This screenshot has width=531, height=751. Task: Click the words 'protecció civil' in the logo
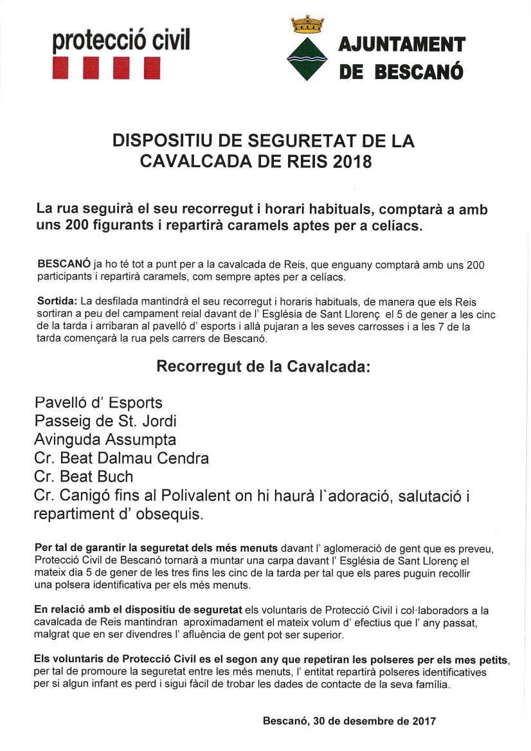(x=122, y=40)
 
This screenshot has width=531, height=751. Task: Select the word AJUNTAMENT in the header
(x=401, y=44)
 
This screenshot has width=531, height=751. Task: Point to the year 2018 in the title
(x=352, y=161)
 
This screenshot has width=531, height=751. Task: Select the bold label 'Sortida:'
(x=57, y=301)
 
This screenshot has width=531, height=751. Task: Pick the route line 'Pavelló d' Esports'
(x=98, y=403)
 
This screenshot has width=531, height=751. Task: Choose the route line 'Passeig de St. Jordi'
(x=105, y=422)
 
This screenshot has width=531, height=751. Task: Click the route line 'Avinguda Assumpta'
(x=105, y=440)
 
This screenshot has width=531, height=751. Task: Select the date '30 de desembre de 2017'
(x=375, y=721)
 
